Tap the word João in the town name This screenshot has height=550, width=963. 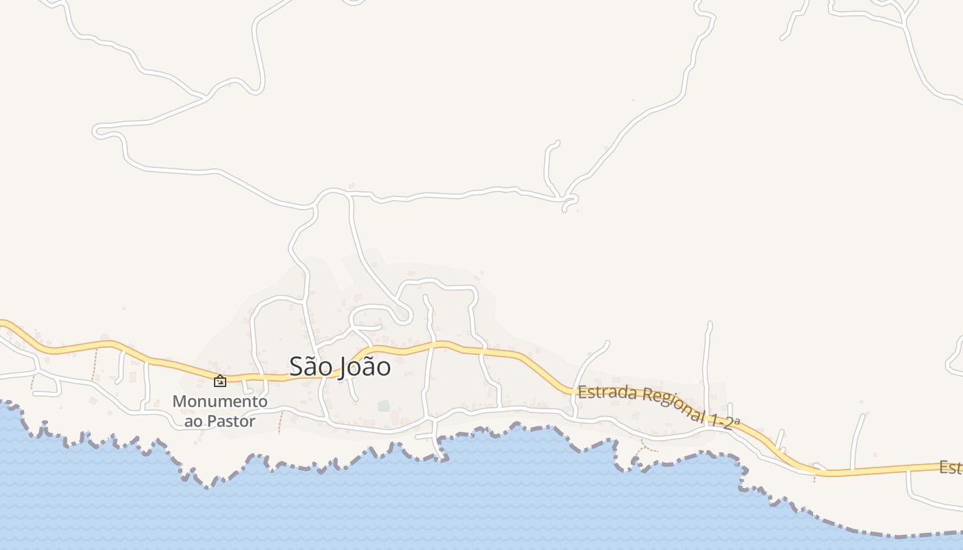(x=365, y=366)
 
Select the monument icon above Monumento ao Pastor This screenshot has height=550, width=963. (x=220, y=380)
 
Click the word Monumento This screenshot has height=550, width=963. (x=220, y=401)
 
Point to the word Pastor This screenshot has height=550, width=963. (x=230, y=421)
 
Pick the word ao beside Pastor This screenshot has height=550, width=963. (x=193, y=421)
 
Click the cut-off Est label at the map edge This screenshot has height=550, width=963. (x=951, y=467)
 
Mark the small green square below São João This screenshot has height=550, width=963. (x=384, y=406)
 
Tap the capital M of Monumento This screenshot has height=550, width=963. (x=179, y=401)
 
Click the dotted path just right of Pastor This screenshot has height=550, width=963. (x=280, y=423)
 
